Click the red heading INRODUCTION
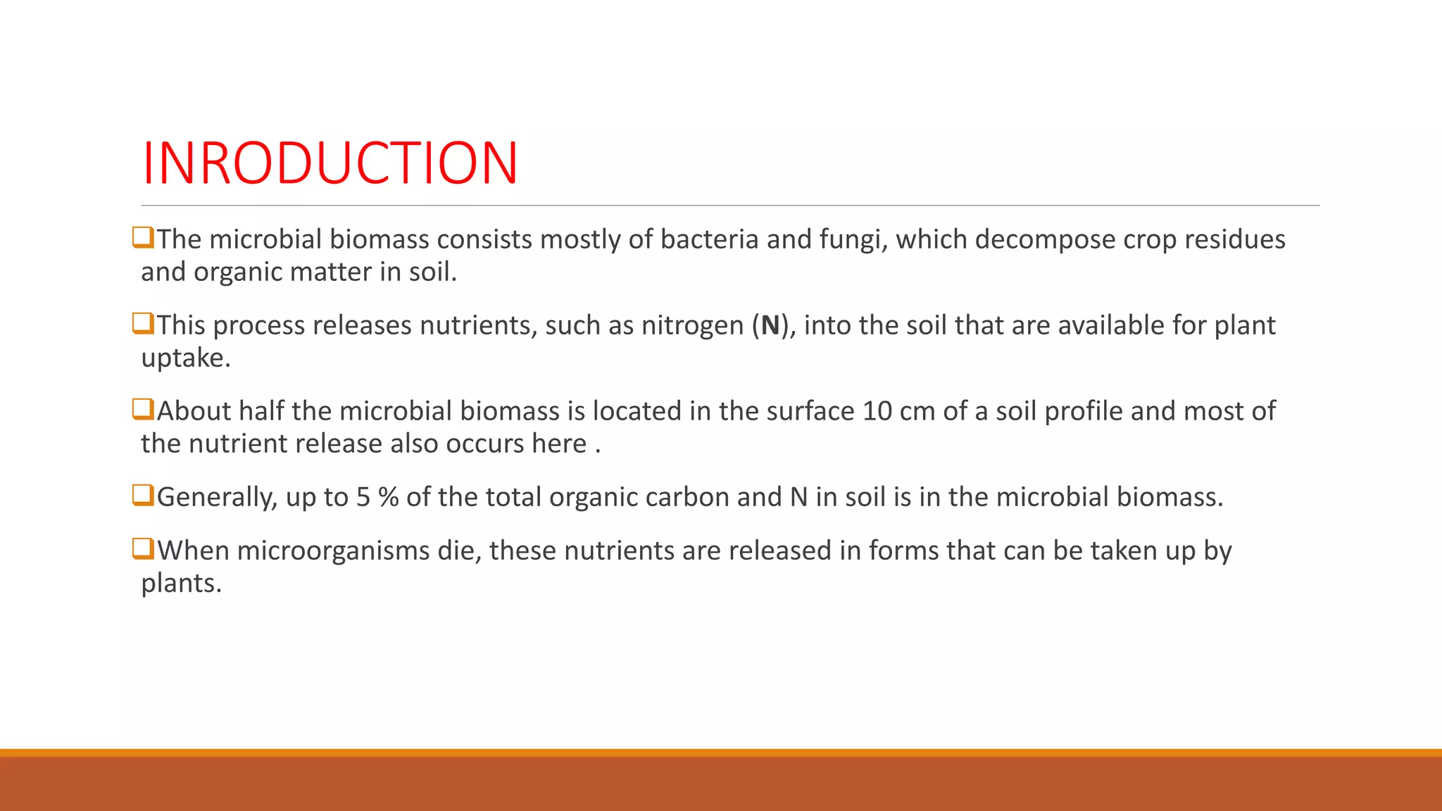coord(330,163)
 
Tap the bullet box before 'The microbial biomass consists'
coord(143,238)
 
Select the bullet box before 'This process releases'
coord(143,324)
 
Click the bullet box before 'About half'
coord(143,410)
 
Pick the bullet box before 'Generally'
coord(143,496)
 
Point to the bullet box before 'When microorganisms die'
coord(143,549)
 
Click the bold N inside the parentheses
coord(770,325)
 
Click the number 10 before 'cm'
coord(877,411)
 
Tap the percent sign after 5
coord(388,497)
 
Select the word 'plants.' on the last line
coord(182,584)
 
